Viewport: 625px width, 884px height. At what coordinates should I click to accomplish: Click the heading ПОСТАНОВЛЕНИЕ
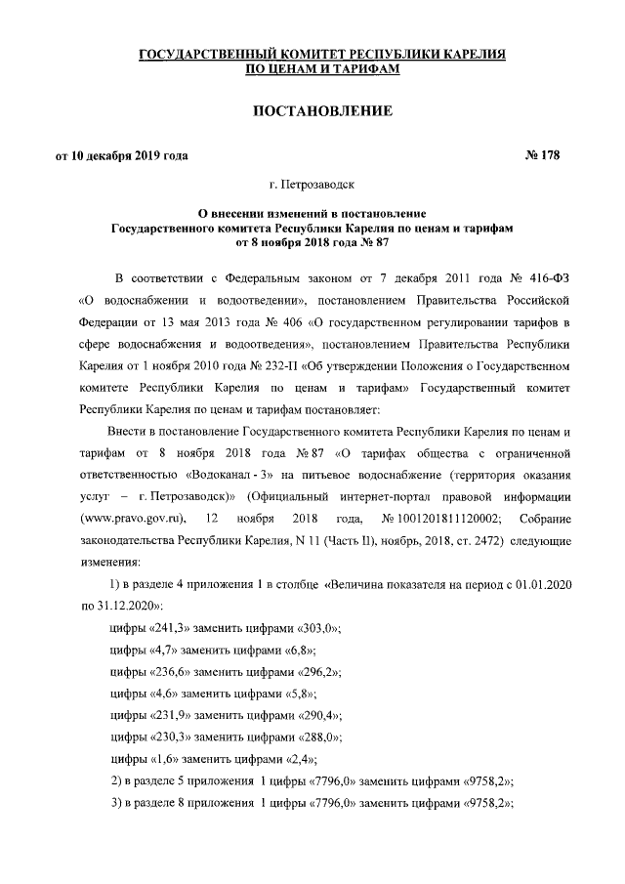[323, 111]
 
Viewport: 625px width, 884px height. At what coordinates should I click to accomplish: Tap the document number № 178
[536, 155]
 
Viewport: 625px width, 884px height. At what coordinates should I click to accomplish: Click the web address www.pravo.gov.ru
[138, 516]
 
